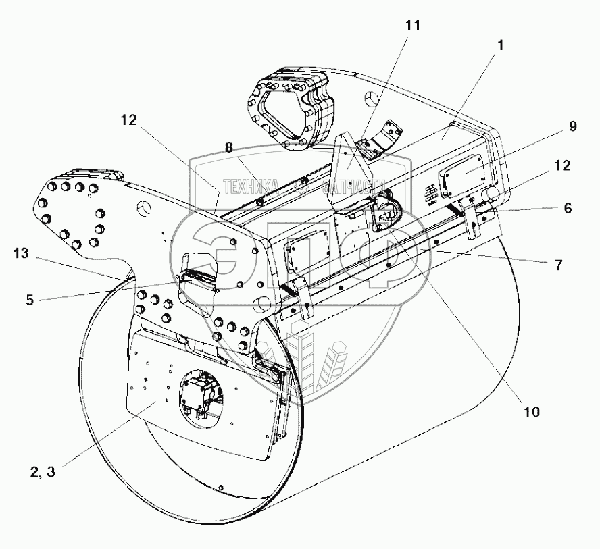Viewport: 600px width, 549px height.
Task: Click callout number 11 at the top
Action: tap(412, 26)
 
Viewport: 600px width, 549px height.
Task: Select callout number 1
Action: tap(500, 47)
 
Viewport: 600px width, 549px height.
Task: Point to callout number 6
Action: tap(567, 209)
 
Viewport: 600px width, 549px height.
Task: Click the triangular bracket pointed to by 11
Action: tap(350, 162)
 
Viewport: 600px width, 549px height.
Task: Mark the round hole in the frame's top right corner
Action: tap(370, 101)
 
